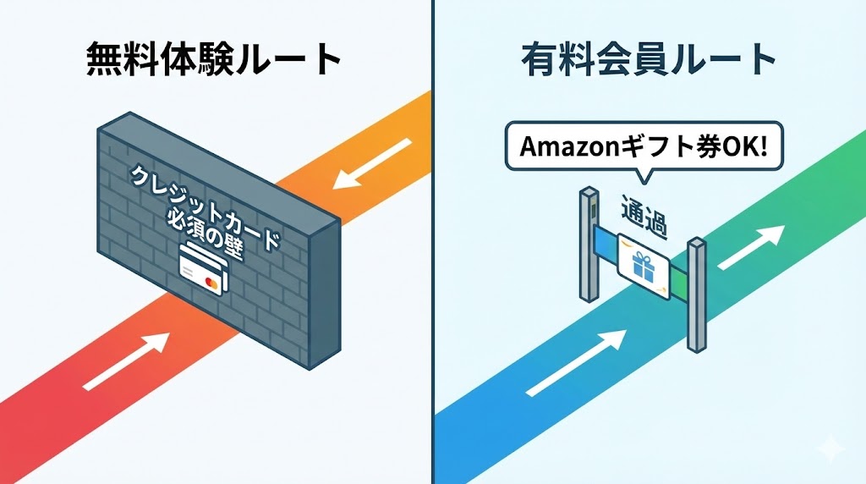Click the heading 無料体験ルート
[x=214, y=61]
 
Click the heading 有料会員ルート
[x=649, y=61]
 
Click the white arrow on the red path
[x=127, y=359]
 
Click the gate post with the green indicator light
[x=587, y=245]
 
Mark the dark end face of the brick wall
[x=324, y=292]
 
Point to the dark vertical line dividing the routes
[x=433, y=338]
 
